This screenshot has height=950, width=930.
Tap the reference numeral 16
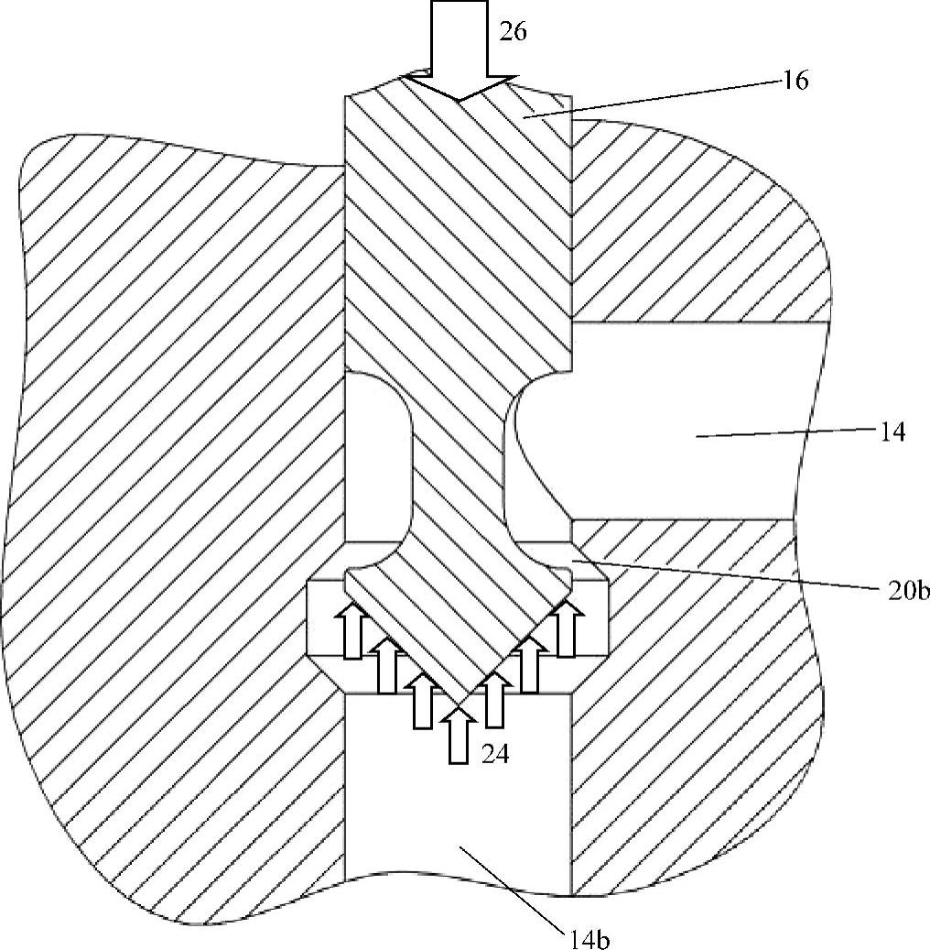(795, 81)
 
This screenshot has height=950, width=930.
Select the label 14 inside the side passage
(892, 431)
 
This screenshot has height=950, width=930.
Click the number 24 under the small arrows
(497, 755)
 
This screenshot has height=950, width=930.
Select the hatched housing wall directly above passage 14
(696, 238)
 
